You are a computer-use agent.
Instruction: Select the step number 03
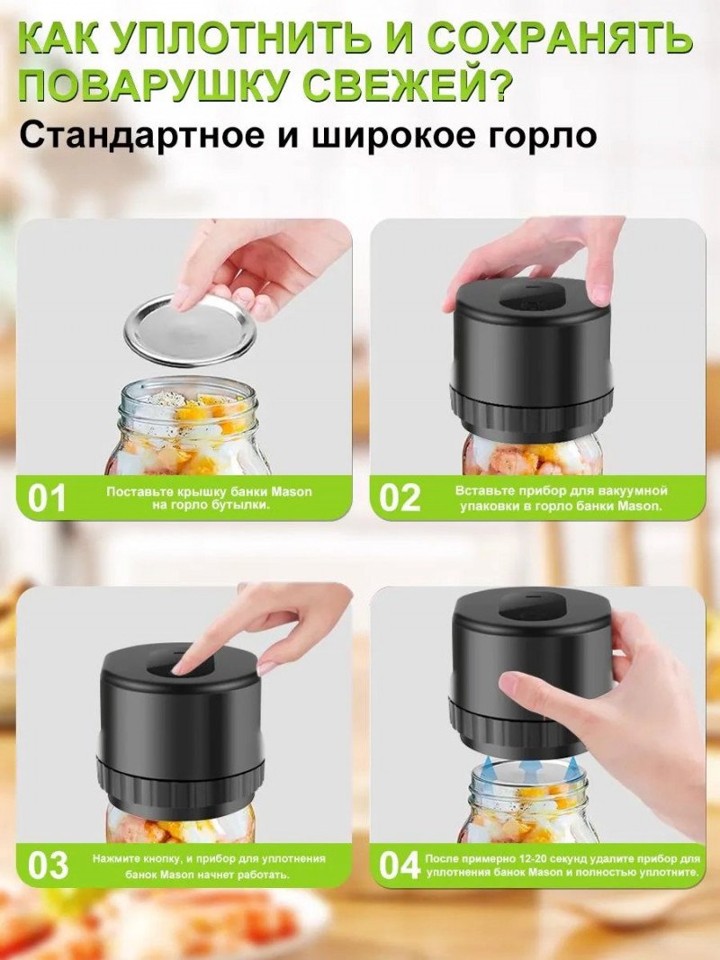(49, 866)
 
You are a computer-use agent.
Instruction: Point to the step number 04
(400, 866)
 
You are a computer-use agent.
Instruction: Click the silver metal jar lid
(189, 330)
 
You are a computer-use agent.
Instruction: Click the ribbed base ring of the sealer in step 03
(180, 781)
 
